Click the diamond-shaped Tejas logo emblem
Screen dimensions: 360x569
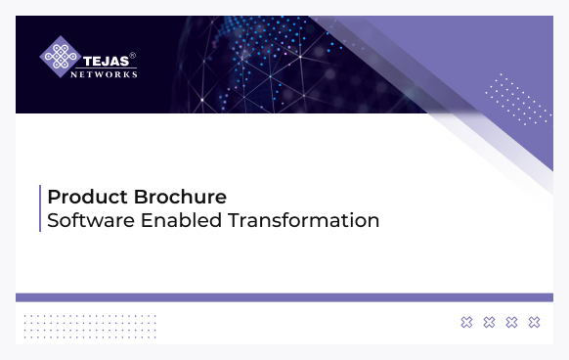[x=59, y=57]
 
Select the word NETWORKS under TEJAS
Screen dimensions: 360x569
[x=108, y=72]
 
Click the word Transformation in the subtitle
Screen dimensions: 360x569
[x=304, y=221]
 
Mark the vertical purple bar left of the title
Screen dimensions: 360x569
[x=40, y=208]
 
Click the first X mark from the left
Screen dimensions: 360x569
[x=466, y=322]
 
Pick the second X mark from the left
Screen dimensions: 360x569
[x=489, y=322]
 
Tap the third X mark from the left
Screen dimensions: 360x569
[x=511, y=322]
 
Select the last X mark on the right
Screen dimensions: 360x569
[x=534, y=322]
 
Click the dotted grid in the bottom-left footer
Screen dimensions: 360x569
[x=89, y=325]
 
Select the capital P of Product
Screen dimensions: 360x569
[x=54, y=197]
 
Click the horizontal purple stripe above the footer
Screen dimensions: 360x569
[x=284, y=296]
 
